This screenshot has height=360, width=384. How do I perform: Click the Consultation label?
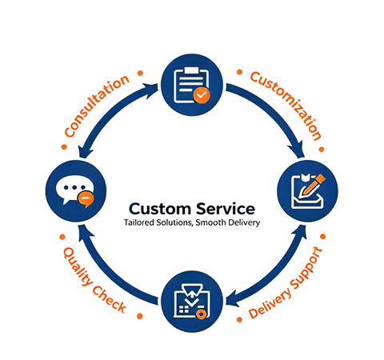pos(97,106)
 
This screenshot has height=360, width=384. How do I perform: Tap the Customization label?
pos(286,106)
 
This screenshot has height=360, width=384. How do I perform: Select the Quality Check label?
pos(94,280)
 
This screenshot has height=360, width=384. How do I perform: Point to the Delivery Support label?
pos(286,282)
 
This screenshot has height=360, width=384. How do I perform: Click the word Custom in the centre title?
pos(159,209)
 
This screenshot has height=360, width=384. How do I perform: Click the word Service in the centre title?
pos(226,209)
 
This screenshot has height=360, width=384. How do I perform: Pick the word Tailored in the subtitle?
pos(138,222)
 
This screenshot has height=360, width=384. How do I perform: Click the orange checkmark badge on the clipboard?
pos(202,95)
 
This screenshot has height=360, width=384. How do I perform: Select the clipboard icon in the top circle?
pos(191,86)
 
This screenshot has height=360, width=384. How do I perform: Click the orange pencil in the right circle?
pos(313,185)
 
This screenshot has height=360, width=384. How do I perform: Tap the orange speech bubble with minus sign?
pos(86,199)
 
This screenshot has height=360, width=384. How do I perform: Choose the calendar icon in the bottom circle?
pos(191,302)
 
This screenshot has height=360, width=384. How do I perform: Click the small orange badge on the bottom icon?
pos(202,314)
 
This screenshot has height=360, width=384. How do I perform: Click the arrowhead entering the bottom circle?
pos(234,301)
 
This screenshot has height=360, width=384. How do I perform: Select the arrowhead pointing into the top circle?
pos(150,90)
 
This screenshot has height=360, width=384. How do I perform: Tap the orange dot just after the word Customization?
pos(322,149)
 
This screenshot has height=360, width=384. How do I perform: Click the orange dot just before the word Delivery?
pos(239,319)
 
